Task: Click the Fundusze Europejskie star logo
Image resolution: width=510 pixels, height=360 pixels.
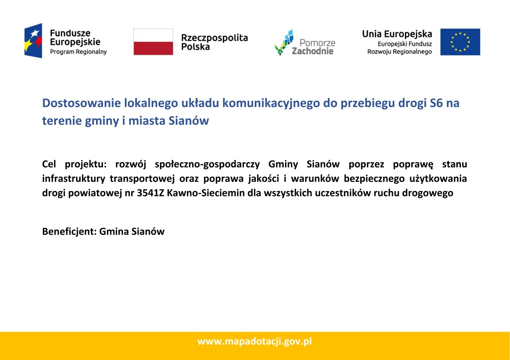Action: click(x=33, y=41)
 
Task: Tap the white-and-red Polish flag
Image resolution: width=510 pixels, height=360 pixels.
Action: click(x=153, y=41)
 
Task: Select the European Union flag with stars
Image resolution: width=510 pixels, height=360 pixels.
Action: click(x=460, y=41)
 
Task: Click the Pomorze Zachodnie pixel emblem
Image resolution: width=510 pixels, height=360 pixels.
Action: click(x=284, y=43)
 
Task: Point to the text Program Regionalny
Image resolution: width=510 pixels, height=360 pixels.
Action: click(x=78, y=52)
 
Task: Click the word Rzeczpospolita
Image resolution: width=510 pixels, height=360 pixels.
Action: click(x=214, y=38)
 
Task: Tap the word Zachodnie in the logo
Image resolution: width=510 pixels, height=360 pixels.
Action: click(x=312, y=51)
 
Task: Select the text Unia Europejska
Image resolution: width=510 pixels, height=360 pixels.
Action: click(x=397, y=34)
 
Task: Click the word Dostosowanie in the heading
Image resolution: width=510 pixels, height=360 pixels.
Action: click(x=82, y=103)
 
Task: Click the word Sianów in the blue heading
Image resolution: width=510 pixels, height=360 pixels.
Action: click(x=189, y=121)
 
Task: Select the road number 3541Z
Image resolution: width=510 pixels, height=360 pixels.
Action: click(x=150, y=193)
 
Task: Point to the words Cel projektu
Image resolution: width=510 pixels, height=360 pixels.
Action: click(x=74, y=164)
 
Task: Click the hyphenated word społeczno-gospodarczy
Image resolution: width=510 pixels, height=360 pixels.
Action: click(x=207, y=165)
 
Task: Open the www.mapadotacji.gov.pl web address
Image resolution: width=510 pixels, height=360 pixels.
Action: click(x=255, y=341)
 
